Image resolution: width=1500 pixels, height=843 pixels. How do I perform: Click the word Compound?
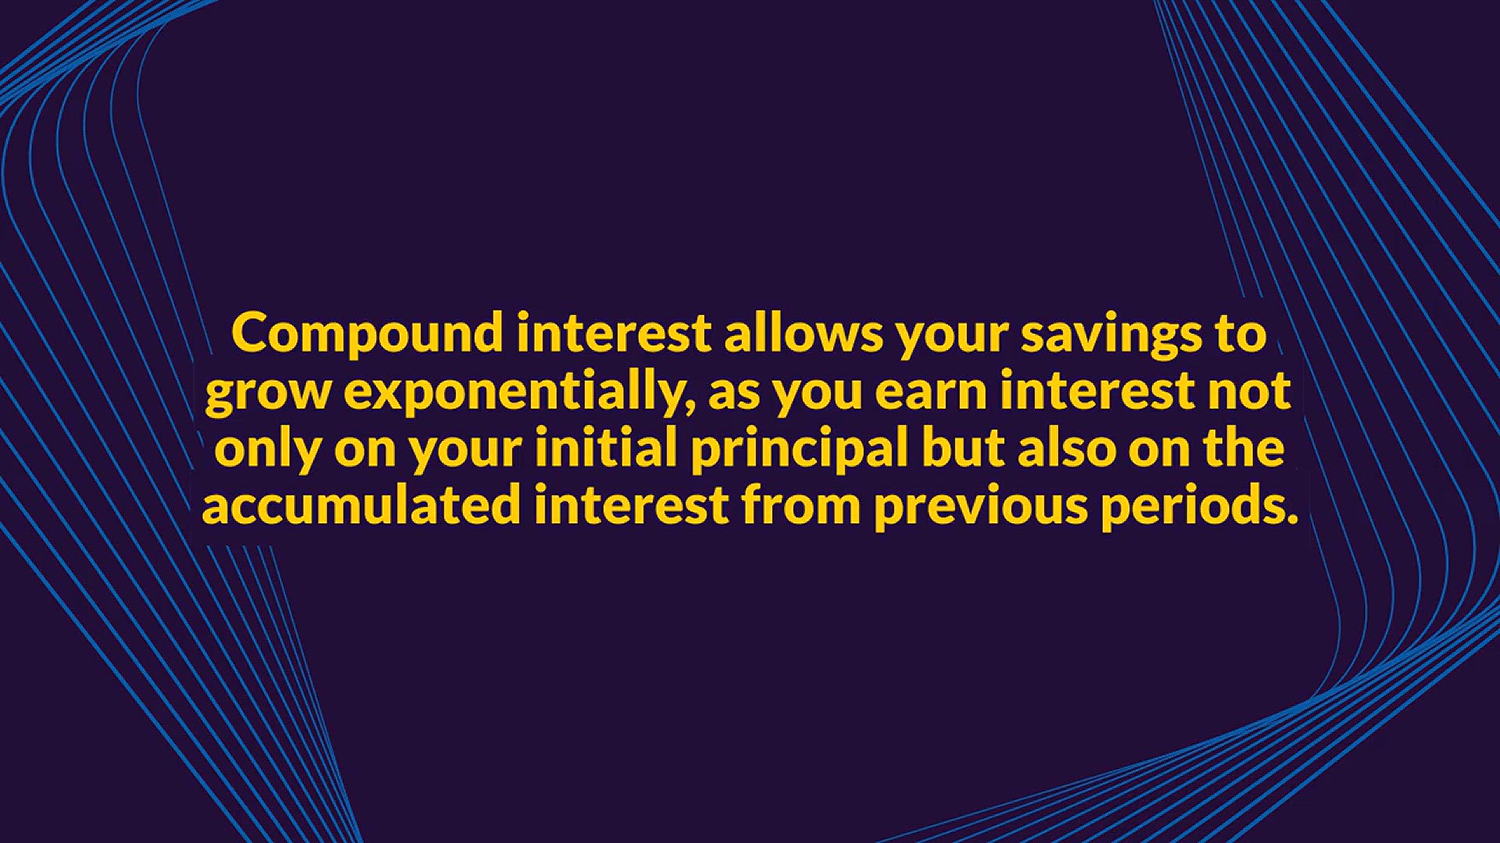[368, 335]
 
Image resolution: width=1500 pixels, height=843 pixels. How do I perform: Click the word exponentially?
[512, 393]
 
